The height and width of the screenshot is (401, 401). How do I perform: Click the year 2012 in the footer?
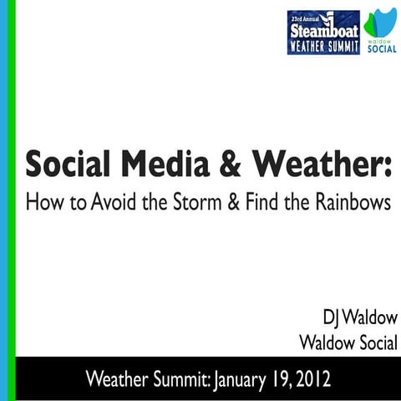coord(311,378)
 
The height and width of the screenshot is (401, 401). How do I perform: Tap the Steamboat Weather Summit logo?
coord(322,32)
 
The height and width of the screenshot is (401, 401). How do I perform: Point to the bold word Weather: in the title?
coord(312,164)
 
